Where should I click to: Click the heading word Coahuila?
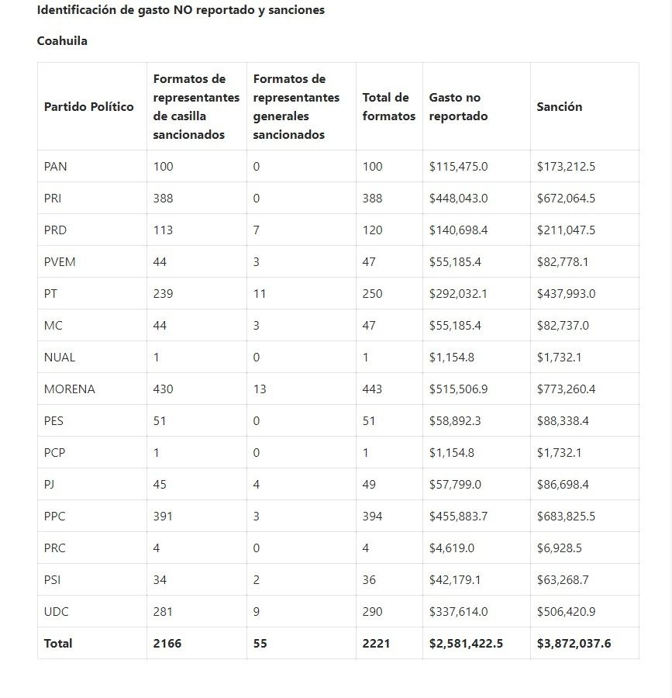(x=62, y=41)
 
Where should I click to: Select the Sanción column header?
(x=559, y=107)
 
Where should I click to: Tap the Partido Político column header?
(x=89, y=107)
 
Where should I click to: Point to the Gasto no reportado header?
(x=458, y=107)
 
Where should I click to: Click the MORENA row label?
(x=70, y=389)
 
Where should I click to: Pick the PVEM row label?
(x=60, y=262)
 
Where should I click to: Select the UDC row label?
(x=57, y=612)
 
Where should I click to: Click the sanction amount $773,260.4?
(x=566, y=389)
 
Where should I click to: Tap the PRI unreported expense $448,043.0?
(x=458, y=199)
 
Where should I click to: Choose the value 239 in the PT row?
(x=163, y=294)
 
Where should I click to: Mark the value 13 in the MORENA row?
(x=260, y=389)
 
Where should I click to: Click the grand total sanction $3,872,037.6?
(x=574, y=644)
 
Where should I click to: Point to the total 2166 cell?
(x=167, y=644)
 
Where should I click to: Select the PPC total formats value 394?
(x=372, y=517)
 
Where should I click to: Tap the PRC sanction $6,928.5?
(x=559, y=548)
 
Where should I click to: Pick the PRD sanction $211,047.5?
(x=566, y=230)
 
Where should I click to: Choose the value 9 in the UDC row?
(x=257, y=612)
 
